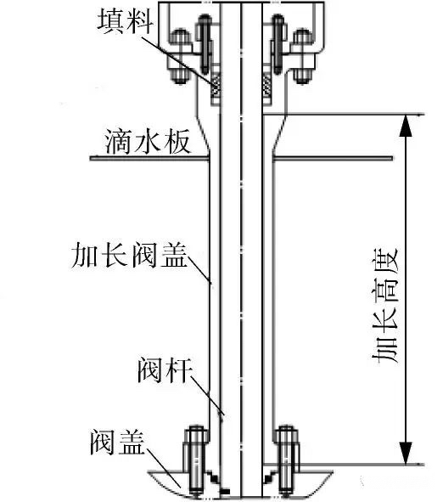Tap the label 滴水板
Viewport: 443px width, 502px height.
click(148, 141)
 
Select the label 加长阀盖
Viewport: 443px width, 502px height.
click(129, 255)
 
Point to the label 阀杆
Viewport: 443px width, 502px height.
click(165, 370)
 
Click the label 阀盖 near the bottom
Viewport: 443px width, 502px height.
click(117, 443)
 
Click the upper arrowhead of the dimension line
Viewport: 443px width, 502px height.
click(406, 126)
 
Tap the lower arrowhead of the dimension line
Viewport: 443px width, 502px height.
click(406, 453)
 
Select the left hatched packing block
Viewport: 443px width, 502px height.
click(216, 85)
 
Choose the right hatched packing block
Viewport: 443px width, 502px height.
click(267, 85)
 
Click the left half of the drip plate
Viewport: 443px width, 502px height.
click(149, 158)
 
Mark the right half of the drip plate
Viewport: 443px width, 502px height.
click(333, 158)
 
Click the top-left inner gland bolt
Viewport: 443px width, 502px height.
click(205, 44)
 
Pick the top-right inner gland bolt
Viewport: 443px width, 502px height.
click(278, 44)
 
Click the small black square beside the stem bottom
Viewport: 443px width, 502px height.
click(226, 491)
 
